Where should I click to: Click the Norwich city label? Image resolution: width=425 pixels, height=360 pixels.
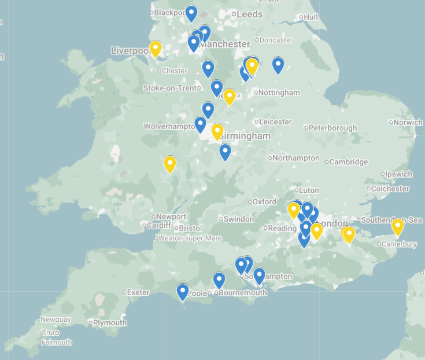click(x=409, y=122)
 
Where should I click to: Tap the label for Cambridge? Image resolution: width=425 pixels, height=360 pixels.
click(x=349, y=162)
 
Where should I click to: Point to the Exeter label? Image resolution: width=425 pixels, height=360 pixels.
click(x=138, y=292)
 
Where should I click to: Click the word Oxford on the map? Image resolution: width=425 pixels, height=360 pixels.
click(x=264, y=202)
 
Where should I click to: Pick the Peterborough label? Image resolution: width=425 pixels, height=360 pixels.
click(x=333, y=127)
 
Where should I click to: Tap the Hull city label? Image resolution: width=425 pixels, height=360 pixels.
click(x=311, y=17)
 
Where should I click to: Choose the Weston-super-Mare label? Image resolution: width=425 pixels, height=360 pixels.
click(x=190, y=238)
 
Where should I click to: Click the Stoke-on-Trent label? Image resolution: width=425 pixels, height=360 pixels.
click(x=170, y=88)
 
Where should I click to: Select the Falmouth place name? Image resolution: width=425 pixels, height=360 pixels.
click(x=56, y=342)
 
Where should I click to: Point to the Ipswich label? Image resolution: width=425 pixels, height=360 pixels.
click(x=400, y=174)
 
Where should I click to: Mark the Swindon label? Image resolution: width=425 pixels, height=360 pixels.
click(x=239, y=219)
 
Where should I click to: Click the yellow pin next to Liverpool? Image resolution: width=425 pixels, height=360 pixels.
click(x=155, y=49)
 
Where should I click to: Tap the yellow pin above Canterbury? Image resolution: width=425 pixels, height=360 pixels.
click(x=397, y=226)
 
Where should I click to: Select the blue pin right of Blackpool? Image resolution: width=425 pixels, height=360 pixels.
click(x=191, y=13)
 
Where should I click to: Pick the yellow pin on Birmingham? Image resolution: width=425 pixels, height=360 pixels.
click(x=217, y=131)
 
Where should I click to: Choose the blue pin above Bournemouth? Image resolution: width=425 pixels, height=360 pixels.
click(x=219, y=280)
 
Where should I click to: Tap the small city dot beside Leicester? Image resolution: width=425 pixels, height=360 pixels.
click(x=256, y=122)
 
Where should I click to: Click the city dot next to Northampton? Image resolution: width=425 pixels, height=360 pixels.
click(x=270, y=158)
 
